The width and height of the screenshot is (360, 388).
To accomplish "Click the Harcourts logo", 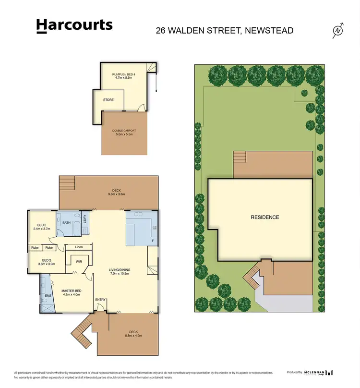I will [x=74, y=26].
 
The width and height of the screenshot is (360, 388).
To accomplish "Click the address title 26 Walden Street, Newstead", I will [x=225, y=31].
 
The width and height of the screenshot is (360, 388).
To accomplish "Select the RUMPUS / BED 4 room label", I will [x=124, y=74].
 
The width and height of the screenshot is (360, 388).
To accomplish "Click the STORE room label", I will [x=108, y=100].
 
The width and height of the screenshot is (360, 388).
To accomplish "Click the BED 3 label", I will [x=41, y=225].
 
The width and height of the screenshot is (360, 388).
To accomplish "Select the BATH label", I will [x=66, y=222].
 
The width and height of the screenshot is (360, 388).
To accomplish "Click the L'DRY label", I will [x=84, y=218].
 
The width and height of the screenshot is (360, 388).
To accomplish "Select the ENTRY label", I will [x=100, y=300].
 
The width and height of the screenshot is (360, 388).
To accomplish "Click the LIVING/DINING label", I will [x=120, y=270].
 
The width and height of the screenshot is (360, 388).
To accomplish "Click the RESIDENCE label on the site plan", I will [x=264, y=217].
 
